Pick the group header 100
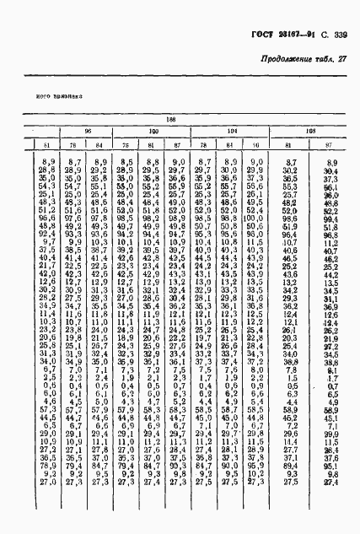[153, 132]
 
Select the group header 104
[232, 132]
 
